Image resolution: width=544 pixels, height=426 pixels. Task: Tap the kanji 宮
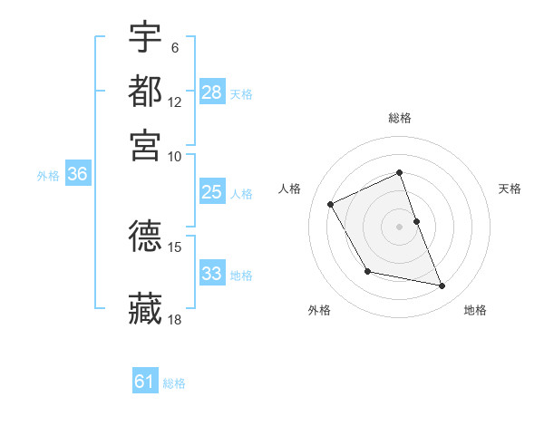click(146, 144)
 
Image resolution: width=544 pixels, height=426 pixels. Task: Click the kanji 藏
click(146, 308)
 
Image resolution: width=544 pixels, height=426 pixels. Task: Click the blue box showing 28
click(212, 92)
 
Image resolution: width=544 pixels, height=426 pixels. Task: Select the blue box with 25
click(212, 192)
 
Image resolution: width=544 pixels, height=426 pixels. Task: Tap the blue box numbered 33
click(212, 274)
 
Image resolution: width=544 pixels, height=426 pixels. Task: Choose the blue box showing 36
click(77, 175)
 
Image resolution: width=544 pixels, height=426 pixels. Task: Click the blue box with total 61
click(145, 382)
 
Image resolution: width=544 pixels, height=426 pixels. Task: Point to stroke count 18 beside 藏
click(175, 319)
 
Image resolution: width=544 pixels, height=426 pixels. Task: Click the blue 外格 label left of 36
click(48, 176)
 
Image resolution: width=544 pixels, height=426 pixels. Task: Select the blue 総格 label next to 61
click(174, 383)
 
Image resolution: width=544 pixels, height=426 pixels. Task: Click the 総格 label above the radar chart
click(400, 118)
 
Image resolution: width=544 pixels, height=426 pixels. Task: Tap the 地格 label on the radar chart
click(475, 310)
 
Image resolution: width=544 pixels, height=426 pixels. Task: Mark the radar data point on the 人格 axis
click(331, 204)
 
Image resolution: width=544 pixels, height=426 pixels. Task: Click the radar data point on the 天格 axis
click(416, 221)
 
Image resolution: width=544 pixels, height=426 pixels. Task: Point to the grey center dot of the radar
click(400, 227)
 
